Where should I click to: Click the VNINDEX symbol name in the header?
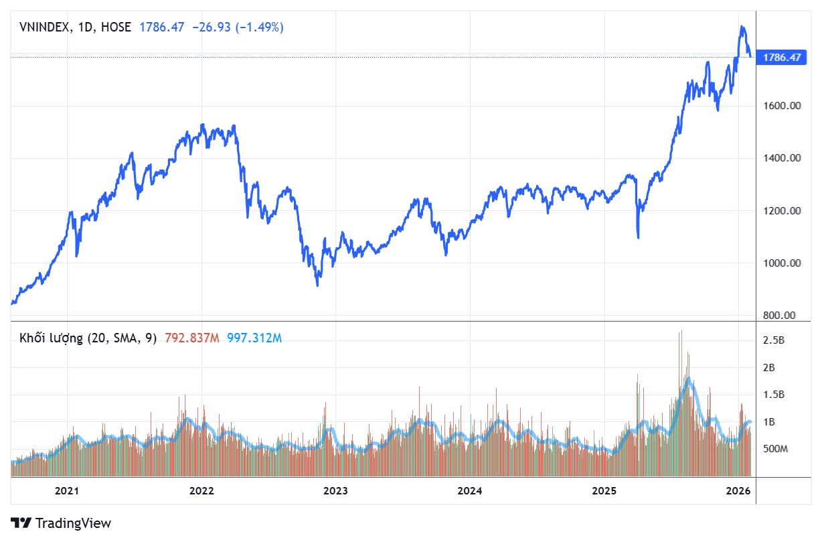(x=43, y=27)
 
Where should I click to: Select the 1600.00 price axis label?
(x=783, y=106)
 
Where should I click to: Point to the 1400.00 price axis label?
(x=783, y=158)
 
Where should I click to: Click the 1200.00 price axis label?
(x=783, y=210)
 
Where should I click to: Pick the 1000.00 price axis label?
(x=783, y=263)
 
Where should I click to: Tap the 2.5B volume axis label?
(x=774, y=340)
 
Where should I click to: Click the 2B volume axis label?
(x=770, y=367)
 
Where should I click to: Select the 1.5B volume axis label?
(x=774, y=395)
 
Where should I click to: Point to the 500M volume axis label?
(x=776, y=448)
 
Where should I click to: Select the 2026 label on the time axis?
(x=738, y=491)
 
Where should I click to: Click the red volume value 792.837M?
(x=191, y=338)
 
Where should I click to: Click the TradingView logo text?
(x=73, y=523)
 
